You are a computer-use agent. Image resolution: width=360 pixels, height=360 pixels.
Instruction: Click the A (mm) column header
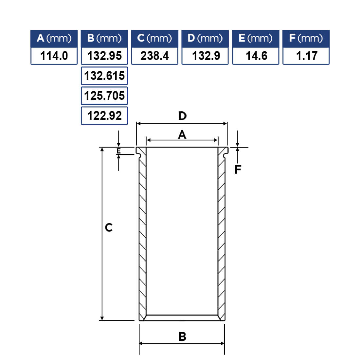[x=54, y=39]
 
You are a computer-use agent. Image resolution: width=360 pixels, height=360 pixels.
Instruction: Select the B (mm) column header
[x=104, y=39]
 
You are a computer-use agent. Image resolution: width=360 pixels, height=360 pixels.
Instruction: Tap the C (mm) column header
[x=155, y=39]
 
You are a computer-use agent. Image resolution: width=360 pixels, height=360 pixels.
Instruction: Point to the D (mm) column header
[x=205, y=39]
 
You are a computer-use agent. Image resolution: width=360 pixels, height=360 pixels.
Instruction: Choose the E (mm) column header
[x=256, y=39]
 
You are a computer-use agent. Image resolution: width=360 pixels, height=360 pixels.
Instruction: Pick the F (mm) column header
[x=306, y=39]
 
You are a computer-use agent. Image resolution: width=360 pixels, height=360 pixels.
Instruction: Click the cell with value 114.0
[x=54, y=56]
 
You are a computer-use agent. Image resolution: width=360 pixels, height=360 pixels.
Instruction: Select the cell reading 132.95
[x=104, y=56]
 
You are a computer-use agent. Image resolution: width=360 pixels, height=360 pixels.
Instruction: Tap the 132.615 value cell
[x=104, y=76]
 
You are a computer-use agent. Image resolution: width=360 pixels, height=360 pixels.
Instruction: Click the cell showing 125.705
[x=104, y=96]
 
